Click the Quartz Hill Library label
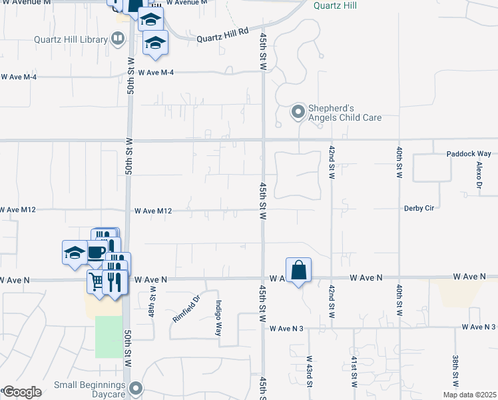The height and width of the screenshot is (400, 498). pyautogui.click(x=71, y=39)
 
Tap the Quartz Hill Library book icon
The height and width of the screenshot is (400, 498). pyautogui.click(x=118, y=39)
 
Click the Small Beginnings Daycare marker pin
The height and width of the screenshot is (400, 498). pyautogui.click(x=137, y=387)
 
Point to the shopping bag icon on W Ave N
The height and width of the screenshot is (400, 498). pyautogui.click(x=299, y=270)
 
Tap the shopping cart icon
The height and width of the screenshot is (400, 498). pyautogui.click(x=97, y=282)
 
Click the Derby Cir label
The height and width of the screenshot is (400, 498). pyautogui.click(x=419, y=208)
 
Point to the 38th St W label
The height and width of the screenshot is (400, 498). pyautogui.click(x=455, y=371)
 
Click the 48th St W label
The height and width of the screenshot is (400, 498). pyautogui.click(x=152, y=302)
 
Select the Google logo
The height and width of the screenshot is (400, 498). pyautogui.click(x=22, y=392)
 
